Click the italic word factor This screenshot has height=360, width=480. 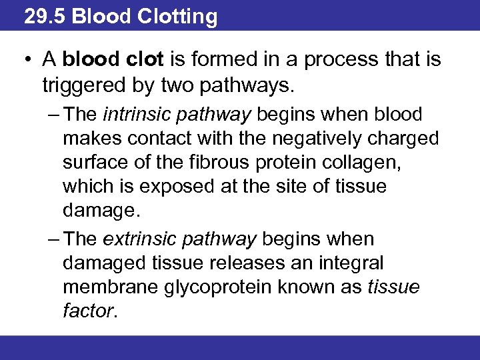[x=89, y=311]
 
